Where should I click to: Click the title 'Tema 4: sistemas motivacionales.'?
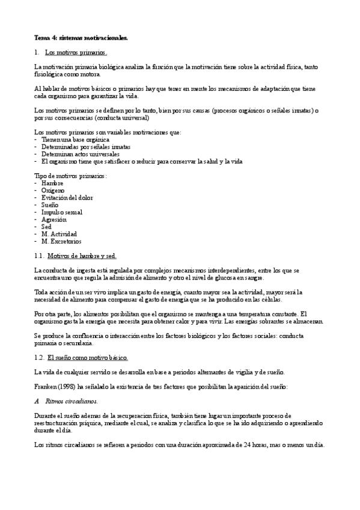[x=81, y=37]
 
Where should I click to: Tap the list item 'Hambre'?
[x=52, y=183]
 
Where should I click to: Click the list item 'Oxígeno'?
[x=53, y=190]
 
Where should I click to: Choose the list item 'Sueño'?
[x=51, y=204]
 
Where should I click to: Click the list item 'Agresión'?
[x=54, y=220]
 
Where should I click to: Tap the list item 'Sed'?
[x=47, y=227]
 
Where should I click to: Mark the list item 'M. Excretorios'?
[x=61, y=241]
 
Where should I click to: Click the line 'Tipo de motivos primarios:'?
[x=70, y=176]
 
